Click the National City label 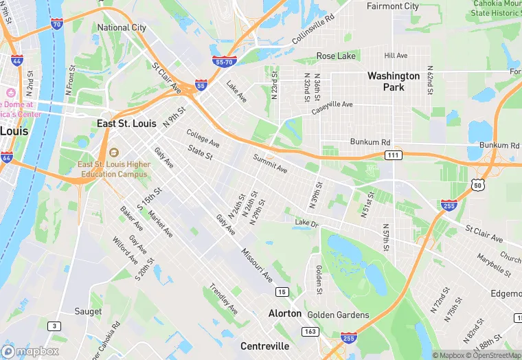[122, 27]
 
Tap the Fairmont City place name [393, 6]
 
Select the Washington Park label [394, 81]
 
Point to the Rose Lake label [334, 56]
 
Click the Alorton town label [284, 313]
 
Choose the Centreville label [264, 346]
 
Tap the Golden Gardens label [338, 315]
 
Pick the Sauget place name [89, 311]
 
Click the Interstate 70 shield [57, 24]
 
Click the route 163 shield [310, 331]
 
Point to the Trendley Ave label [223, 299]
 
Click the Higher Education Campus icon [113, 153]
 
